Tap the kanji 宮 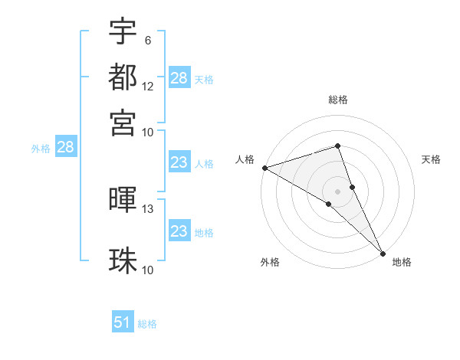pyautogui.click(x=123, y=122)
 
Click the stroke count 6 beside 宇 pyautogui.click(x=148, y=40)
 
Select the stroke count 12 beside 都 pyautogui.click(x=148, y=86)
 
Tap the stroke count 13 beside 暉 pyautogui.click(x=148, y=208)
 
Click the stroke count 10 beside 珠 pyautogui.click(x=148, y=270)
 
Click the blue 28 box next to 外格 pyautogui.click(x=65, y=149)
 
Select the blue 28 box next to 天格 pyautogui.click(x=179, y=78)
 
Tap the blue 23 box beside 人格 pyautogui.click(x=179, y=163)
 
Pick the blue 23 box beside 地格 pyautogui.click(x=179, y=231)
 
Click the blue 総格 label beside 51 pyautogui.click(x=147, y=324)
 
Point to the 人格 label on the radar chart pyautogui.click(x=245, y=159)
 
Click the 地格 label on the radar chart pyautogui.click(x=402, y=262)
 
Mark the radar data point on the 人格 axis pyautogui.click(x=264, y=168)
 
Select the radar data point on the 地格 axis pyautogui.click(x=383, y=253)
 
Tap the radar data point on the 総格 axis pyautogui.click(x=337, y=146)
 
